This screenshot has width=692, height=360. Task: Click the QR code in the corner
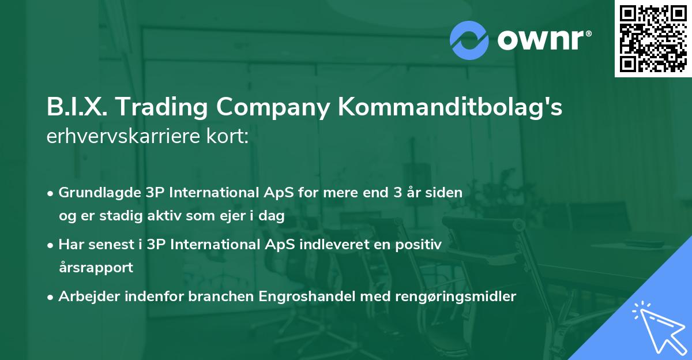coord(653,39)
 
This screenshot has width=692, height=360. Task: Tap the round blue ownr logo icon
coord(469,40)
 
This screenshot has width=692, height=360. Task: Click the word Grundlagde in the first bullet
coord(95,192)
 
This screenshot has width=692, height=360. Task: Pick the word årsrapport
coord(96,268)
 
